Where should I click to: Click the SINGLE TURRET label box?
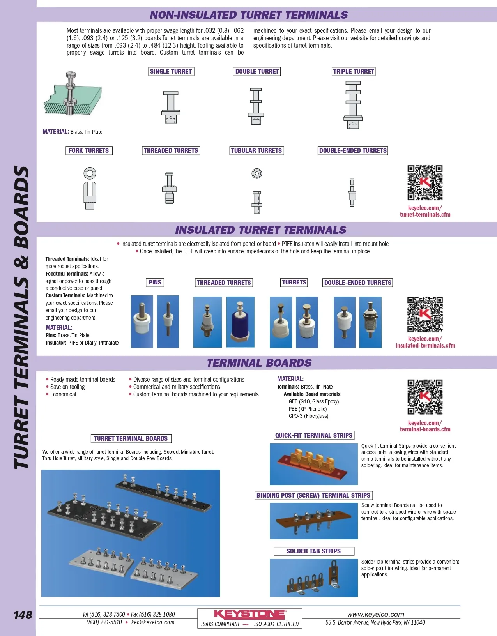pyautogui.click(x=171, y=71)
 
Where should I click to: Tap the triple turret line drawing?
pyautogui.click(x=353, y=105)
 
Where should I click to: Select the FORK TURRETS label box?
pyautogui.click(x=89, y=150)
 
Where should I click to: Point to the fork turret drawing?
pyautogui.click(x=90, y=188)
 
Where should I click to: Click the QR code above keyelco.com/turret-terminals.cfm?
pyautogui.click(x=425, y=182)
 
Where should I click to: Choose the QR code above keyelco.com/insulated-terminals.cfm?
pyautogui.click(x=425, y=314)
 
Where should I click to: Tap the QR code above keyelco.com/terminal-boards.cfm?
pyautogui.click(x=425, y=397)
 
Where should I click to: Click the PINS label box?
pyautogui.click(x=155, y=283)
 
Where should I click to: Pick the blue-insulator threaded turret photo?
pyautogui.click(x=240, y=322)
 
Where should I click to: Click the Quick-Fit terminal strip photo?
pyautogui.click(x=313, y=464)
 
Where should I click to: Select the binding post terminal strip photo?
pyautogui.click(x=313, y=521)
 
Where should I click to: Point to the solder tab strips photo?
pyautogui.click(x=313, y=578)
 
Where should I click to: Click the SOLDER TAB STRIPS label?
pyautogui.click(x=314, y=551)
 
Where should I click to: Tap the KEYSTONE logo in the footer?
pyautogui.click(x=250, y=614)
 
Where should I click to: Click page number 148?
pyautogui.click(x=23, y=615)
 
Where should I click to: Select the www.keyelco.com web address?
pyautogui.click(x=375, y=614)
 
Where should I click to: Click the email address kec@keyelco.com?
pyautogui.click(x=153, y=622)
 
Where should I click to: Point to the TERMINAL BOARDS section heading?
pyautogui.click(x=259, y=363)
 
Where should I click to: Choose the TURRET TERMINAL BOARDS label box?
pyautogui.click(x=131, y=438)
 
